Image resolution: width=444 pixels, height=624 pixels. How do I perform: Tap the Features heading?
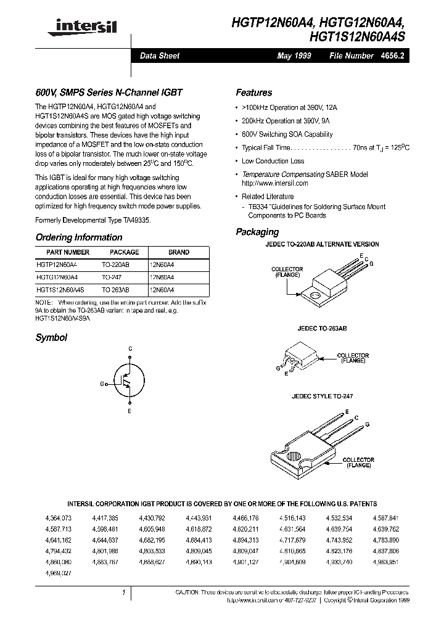(x=253, y=92)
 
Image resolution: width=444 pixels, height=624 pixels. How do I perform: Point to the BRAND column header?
(x=179, y=252)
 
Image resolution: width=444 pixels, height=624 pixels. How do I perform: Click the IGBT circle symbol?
(x=129, y=384)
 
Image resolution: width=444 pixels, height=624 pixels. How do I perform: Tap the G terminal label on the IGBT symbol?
(x=102, y=384)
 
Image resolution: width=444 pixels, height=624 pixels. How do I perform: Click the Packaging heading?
(x=257, y=232)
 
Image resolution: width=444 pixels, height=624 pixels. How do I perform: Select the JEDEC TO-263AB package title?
(x=316, y=330)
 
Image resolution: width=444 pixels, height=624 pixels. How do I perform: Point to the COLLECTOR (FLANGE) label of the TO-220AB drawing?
(x=287, y=272)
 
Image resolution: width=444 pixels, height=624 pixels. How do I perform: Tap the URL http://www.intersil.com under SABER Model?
(x=274, y=183)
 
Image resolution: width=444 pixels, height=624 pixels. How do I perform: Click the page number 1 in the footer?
(x=124, y=593)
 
